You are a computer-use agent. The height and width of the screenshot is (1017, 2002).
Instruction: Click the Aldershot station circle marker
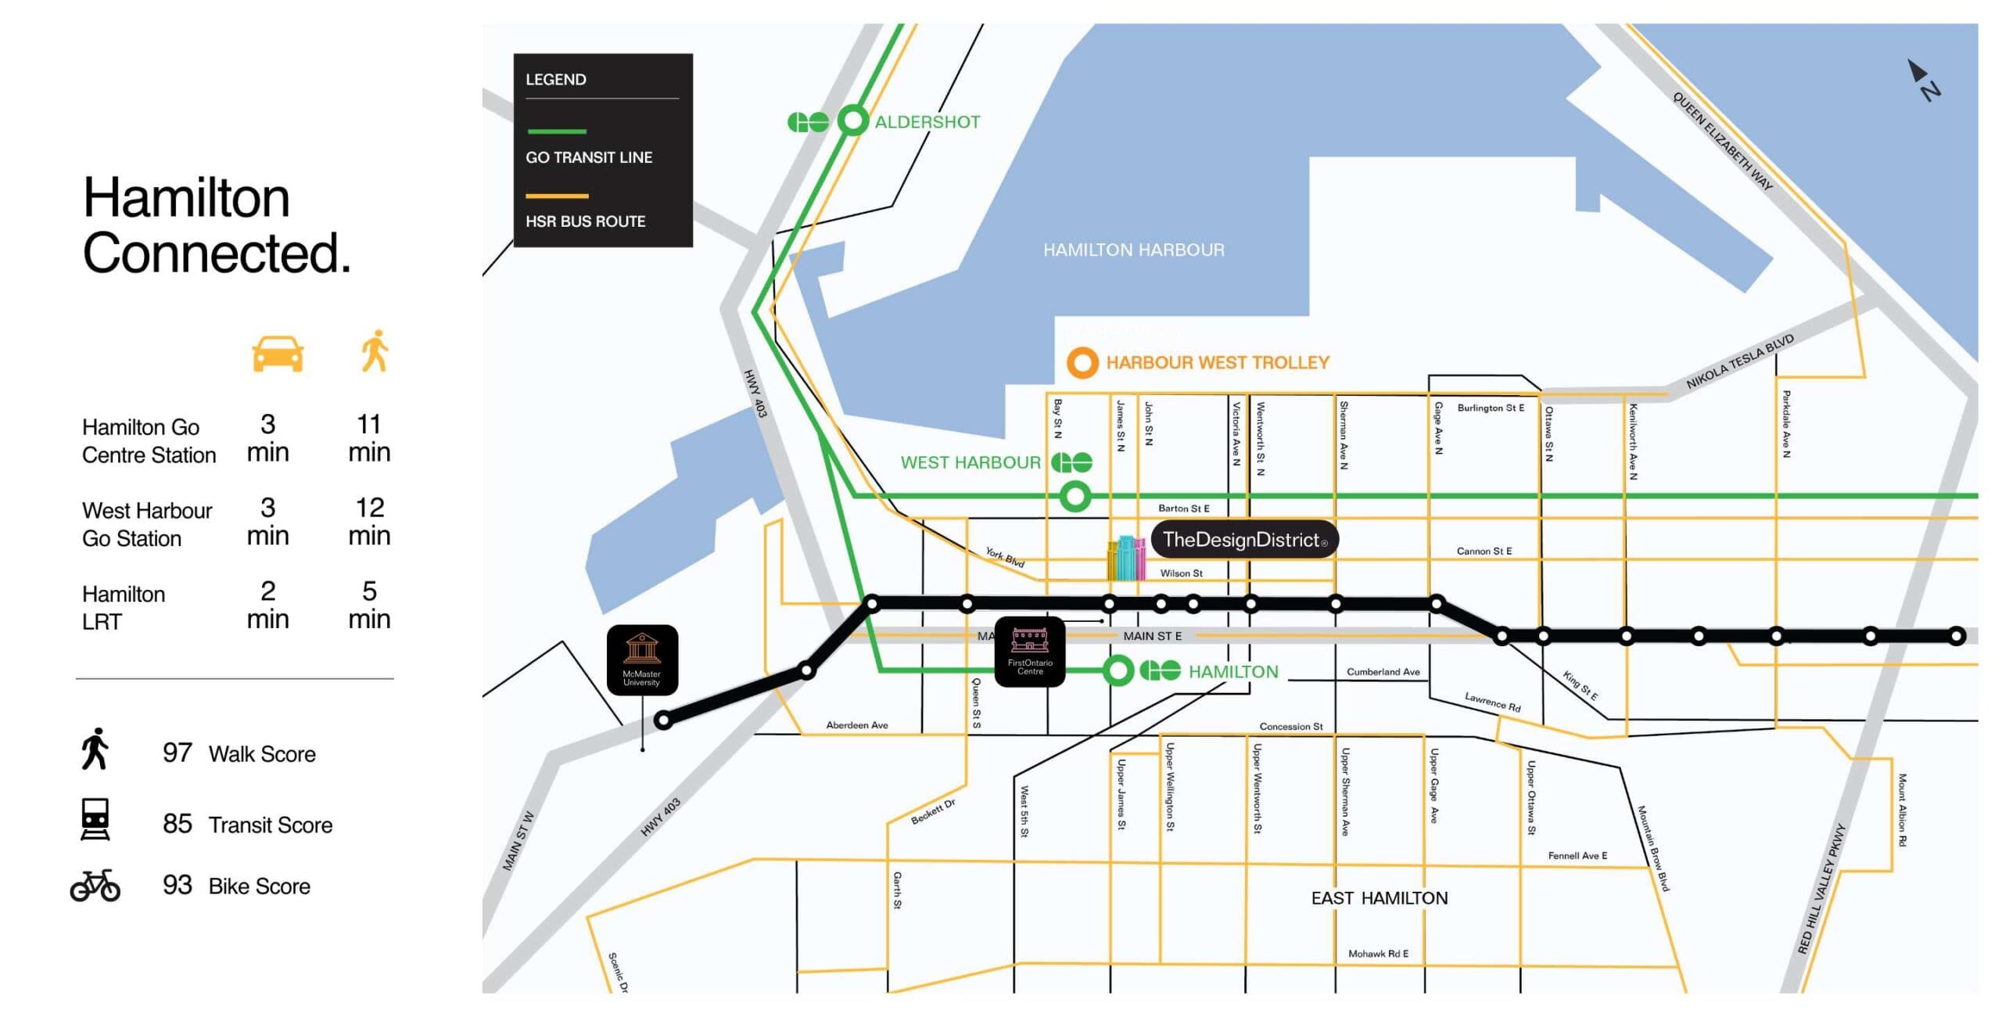tap(852, 120)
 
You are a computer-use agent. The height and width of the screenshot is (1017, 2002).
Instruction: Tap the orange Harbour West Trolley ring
tap(1082, 363)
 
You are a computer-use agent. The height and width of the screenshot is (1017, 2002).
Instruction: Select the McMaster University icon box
tap(642, 659)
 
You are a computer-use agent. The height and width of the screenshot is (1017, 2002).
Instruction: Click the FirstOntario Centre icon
tap(1030, 652)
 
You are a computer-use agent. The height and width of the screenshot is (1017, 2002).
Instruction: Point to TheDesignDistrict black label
tap(1244, 540)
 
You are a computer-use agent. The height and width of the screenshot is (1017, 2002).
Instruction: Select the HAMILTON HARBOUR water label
tap(1133, 250)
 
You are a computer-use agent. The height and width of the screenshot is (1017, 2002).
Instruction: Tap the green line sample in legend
tap(557, 131)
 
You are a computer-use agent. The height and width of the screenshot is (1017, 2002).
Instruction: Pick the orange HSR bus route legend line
tap(557, 196)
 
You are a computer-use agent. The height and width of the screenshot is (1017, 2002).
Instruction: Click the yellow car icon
tap(278, 354)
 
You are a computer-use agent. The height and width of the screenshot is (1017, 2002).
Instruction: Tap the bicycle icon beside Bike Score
tap(95, 886)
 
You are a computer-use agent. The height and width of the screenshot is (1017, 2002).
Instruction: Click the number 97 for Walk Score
tap(177, 753)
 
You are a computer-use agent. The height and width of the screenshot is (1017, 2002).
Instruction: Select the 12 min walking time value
tap(369, 522)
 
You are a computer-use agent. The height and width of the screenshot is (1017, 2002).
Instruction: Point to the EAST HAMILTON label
tap(1379, 898)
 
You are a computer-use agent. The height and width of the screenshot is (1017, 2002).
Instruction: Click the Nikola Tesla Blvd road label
tap(1739, 362)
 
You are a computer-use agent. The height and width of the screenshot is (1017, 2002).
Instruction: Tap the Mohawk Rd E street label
tap(1378, 954)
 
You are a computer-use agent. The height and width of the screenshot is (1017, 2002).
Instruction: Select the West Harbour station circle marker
tap(1075, 496)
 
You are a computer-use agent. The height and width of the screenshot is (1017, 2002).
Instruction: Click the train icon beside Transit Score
tap(95, 819)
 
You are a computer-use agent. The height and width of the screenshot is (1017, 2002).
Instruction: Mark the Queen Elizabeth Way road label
tap(1722, 141)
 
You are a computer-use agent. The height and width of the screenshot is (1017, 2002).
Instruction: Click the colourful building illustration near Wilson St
tap(1126, 559)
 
